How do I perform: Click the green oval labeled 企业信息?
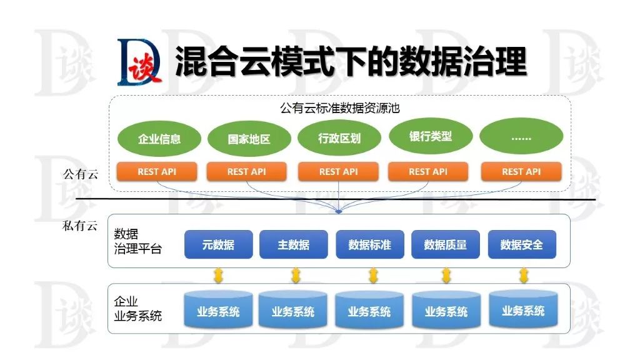pos(159,137)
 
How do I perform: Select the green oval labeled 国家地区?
pos(249,137)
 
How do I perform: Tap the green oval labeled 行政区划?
pos(339,137)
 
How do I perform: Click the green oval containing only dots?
pos(521,136)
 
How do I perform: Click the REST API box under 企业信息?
pos(157,171)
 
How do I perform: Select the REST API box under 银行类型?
pos(428,171)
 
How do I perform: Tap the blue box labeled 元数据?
pos(218,244)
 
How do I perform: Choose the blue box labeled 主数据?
pos(294,244)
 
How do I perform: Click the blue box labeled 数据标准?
pos(369,244)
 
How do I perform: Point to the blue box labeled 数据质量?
pos(445,244)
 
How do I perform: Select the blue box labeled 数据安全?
pos(521,244)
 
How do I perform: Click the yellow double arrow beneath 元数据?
pos(218,275)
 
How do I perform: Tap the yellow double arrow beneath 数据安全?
pos(523,275)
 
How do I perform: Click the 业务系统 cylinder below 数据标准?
pos(369,311)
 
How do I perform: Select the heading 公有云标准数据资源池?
pos(339,107)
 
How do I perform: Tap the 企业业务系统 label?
pos(137,309)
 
